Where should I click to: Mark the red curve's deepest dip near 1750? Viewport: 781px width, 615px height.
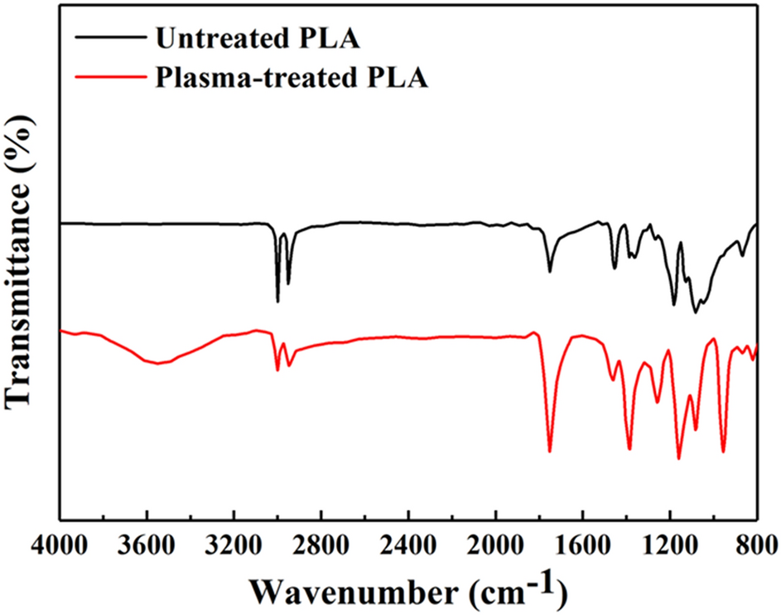coord(549,451)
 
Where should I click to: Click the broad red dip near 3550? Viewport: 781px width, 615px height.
coord(157,363)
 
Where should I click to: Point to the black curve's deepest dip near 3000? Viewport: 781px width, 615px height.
coord(277,302)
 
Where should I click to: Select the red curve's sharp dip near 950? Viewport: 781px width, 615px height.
coord(723,452)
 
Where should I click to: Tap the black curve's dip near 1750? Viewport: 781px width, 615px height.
coord(549,271)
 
